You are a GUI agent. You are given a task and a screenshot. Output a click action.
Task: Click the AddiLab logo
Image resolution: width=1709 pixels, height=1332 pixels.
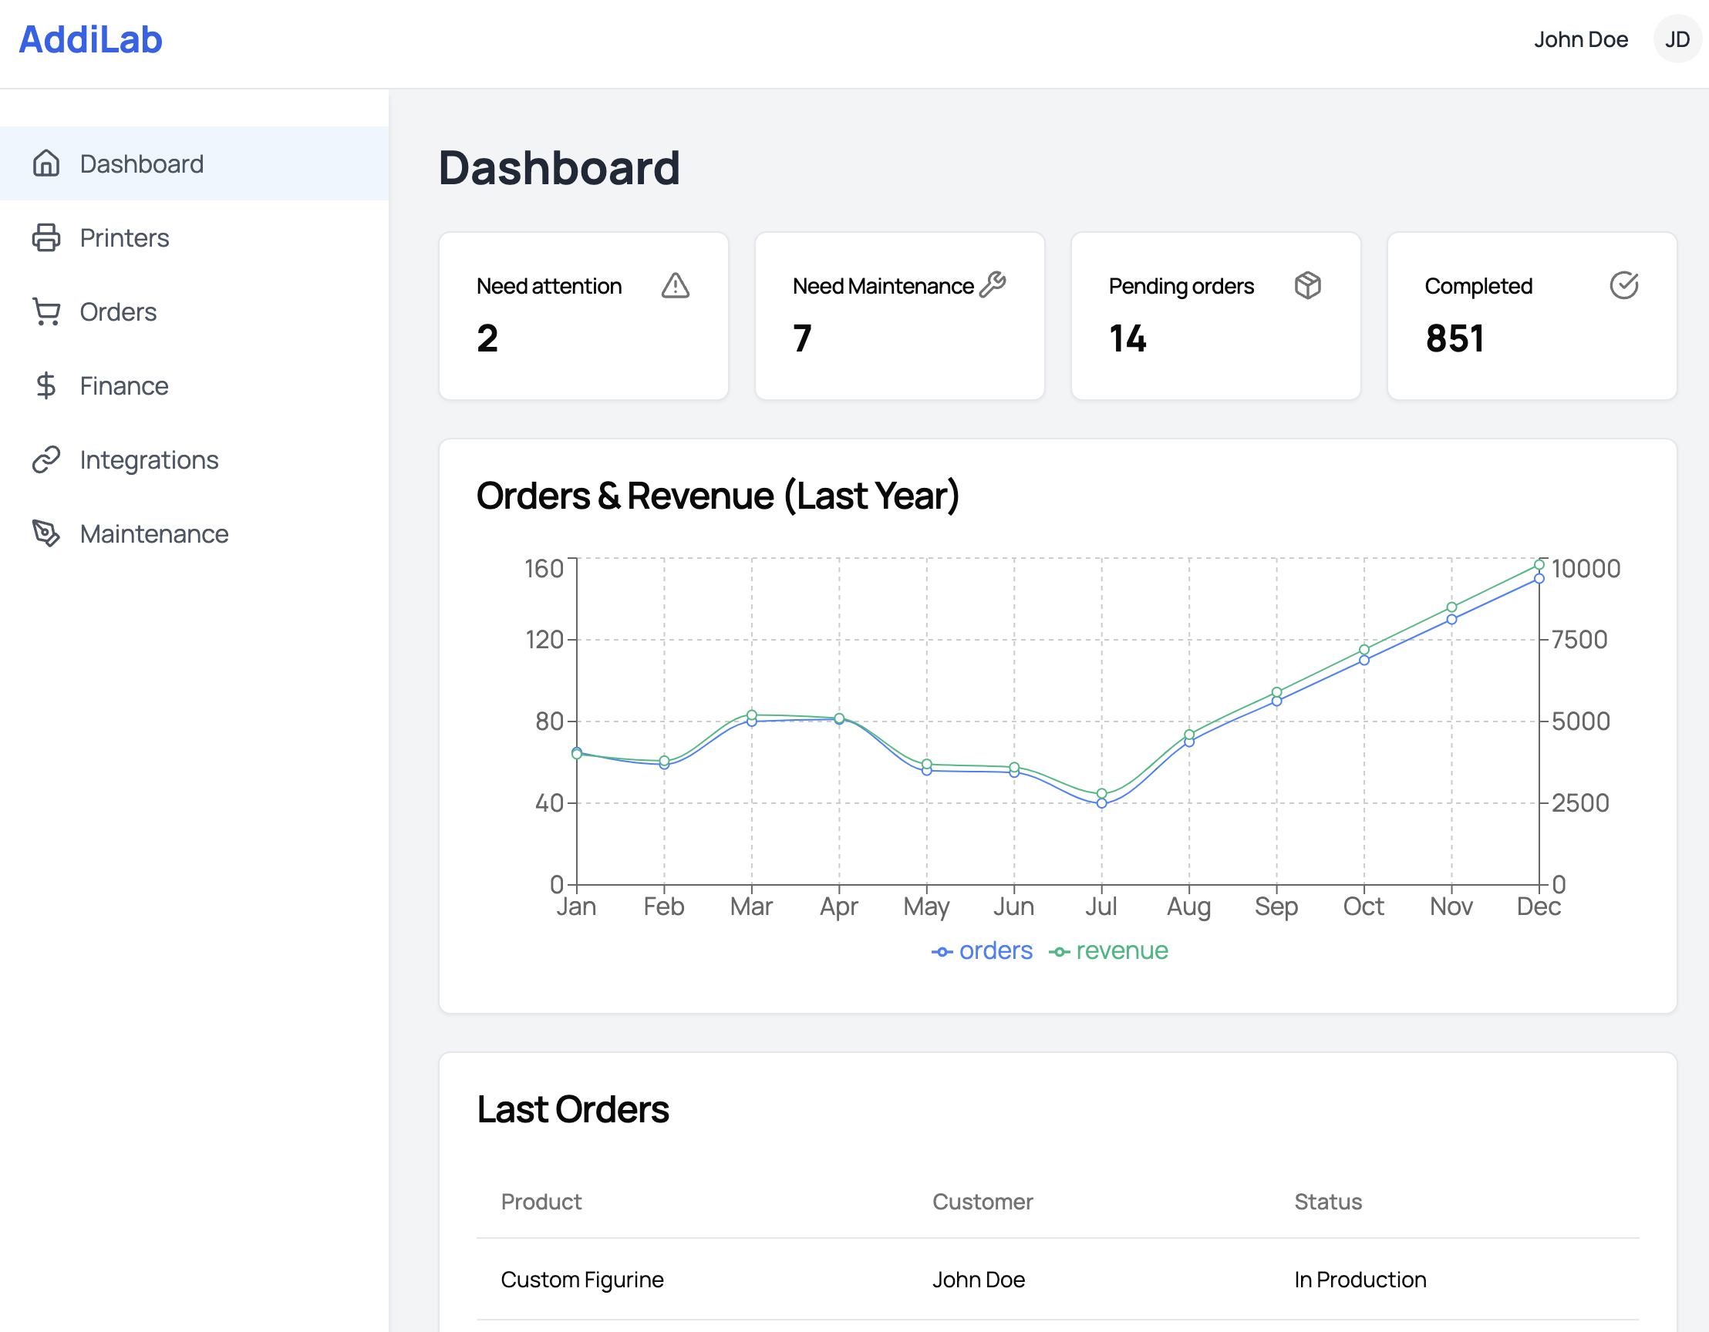point(91,40)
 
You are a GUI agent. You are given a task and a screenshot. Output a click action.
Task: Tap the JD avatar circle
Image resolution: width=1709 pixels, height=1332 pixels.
point(1676,39)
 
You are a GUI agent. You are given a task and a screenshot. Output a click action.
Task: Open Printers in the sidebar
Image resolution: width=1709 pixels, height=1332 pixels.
point(124,237)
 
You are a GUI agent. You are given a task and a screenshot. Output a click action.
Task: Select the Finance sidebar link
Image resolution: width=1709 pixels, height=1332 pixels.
point(123,385)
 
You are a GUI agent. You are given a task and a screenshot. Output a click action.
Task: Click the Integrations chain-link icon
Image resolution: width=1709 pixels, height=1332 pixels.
point(46,460)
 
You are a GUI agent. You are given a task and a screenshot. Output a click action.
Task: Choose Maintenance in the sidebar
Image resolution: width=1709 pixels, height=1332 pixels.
point(153,534)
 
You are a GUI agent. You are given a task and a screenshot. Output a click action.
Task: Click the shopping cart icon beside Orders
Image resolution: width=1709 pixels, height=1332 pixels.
point(46,311)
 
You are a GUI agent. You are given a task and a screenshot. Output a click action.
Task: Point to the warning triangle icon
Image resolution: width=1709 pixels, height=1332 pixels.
point(676,285)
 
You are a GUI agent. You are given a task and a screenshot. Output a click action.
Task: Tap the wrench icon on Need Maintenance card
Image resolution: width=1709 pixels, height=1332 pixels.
point(993,284)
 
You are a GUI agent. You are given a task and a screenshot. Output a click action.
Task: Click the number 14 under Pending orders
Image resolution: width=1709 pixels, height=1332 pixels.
point(1128,338)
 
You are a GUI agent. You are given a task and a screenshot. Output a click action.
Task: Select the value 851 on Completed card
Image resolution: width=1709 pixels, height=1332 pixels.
point(1455,338)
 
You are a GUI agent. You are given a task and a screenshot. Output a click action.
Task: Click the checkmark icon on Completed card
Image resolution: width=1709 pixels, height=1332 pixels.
point(1623,285)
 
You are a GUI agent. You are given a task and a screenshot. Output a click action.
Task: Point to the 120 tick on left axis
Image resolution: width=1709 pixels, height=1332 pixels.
point(544,640)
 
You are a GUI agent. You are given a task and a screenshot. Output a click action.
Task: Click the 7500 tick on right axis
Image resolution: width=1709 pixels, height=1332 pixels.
point(1579,640)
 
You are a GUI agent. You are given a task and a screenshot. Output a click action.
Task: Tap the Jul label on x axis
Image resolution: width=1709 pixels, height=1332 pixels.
point(1101,906)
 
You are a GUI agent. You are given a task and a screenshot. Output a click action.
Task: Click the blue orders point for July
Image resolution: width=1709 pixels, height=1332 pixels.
point(1102,803)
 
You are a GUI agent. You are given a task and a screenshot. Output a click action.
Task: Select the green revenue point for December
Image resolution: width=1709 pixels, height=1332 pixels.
point(1539,565)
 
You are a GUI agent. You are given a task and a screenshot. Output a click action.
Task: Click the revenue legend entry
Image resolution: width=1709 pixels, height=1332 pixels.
point(1109,951)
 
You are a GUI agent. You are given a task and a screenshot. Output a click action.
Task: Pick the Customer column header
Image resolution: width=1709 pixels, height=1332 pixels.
point(982,1202)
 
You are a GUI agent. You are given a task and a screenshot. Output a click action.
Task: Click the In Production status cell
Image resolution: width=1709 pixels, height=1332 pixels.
point(1360,1280)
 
